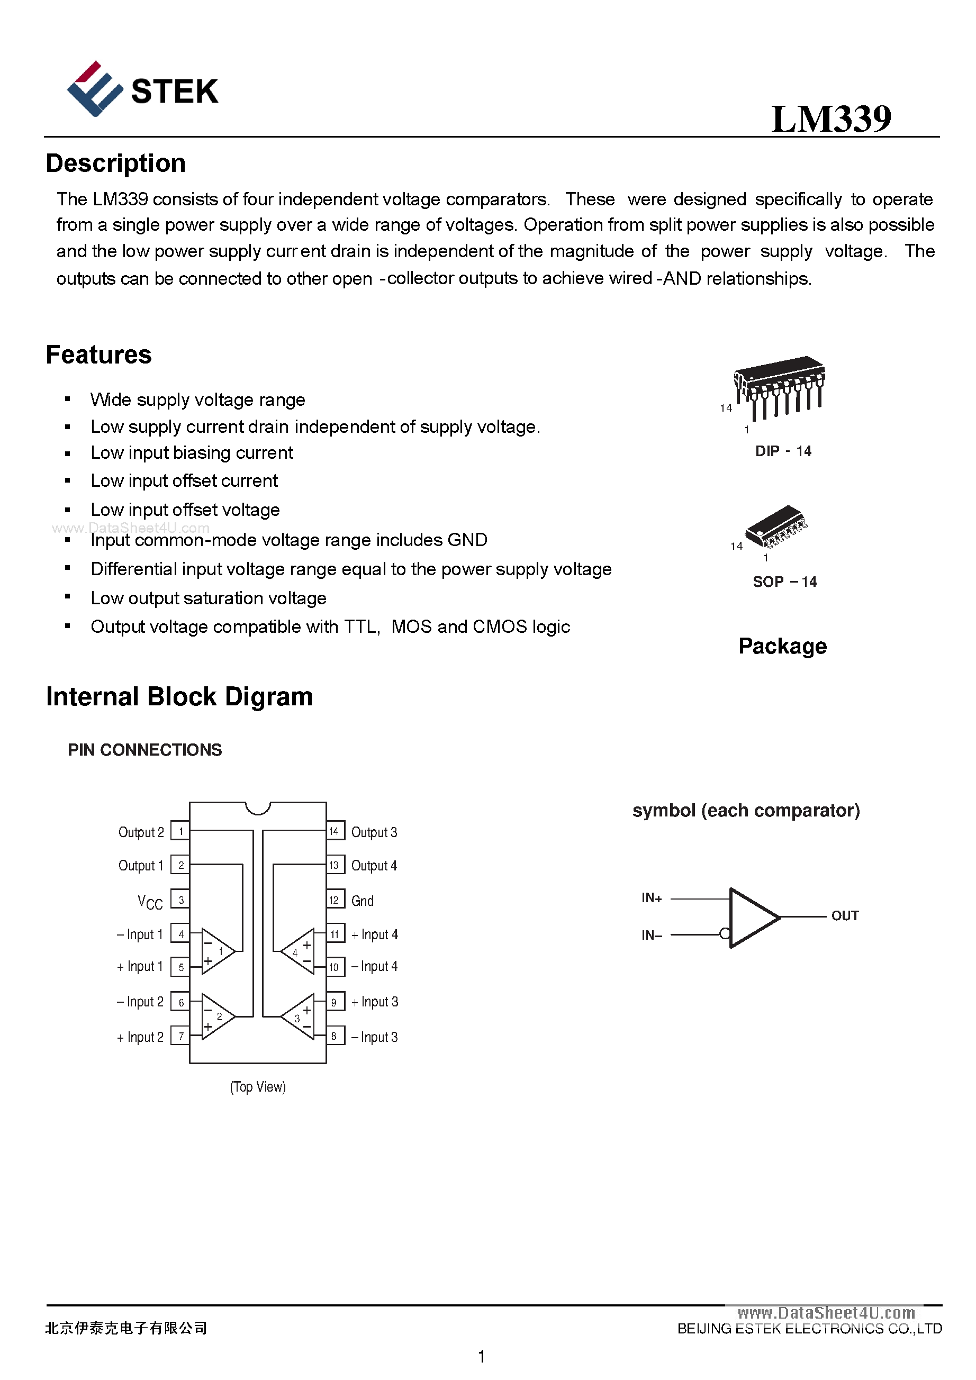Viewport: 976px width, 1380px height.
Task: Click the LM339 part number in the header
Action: click(830, 119)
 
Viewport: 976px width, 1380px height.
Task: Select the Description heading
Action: click(115, 164)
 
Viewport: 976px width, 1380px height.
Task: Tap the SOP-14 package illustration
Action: click(776, 526)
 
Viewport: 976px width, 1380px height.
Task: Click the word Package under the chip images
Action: click(782, 646)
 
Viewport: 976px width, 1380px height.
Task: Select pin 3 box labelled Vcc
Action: click(180, 900)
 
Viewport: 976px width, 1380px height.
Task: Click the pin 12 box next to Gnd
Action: click(335, 900)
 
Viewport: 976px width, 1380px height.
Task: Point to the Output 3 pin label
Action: click(374, 832)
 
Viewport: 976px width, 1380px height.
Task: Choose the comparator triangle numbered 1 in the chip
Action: click(217, 951)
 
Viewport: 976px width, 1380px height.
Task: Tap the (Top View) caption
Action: click(257, 1087)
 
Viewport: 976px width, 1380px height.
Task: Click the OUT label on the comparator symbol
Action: click(844, 915)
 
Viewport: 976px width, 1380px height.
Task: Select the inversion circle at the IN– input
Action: click(725, 933)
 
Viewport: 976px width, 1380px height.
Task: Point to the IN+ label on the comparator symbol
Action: click(651, 898)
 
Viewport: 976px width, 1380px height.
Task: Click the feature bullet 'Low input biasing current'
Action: click(191, 452)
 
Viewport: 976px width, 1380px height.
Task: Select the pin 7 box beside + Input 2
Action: click(180, 1036)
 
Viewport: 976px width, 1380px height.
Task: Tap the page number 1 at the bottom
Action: click(481, 1356)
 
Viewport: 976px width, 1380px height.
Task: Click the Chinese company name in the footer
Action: click(126, 1328)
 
